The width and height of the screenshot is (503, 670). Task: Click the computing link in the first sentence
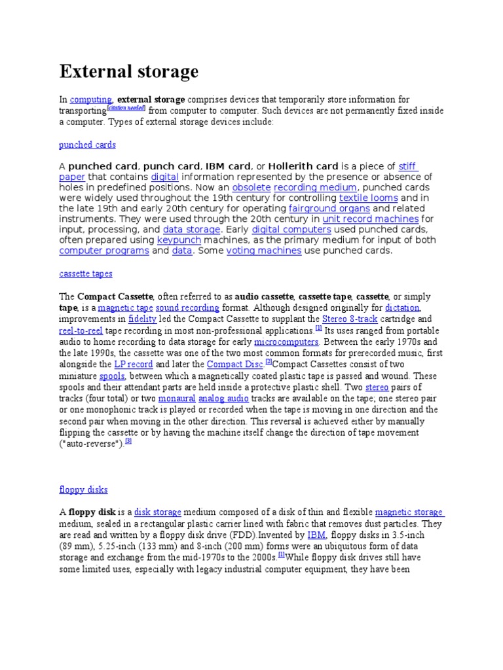pos(91,99)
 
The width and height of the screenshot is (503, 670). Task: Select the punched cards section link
pos(87,145)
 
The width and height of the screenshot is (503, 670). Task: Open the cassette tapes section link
pos(86,273)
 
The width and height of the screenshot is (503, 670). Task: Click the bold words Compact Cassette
pos(115,296)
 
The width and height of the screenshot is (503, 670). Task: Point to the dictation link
pos(402,307)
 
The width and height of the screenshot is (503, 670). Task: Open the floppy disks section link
pos(83,489)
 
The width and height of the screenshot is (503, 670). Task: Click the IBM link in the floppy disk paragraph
pos(316,535)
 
